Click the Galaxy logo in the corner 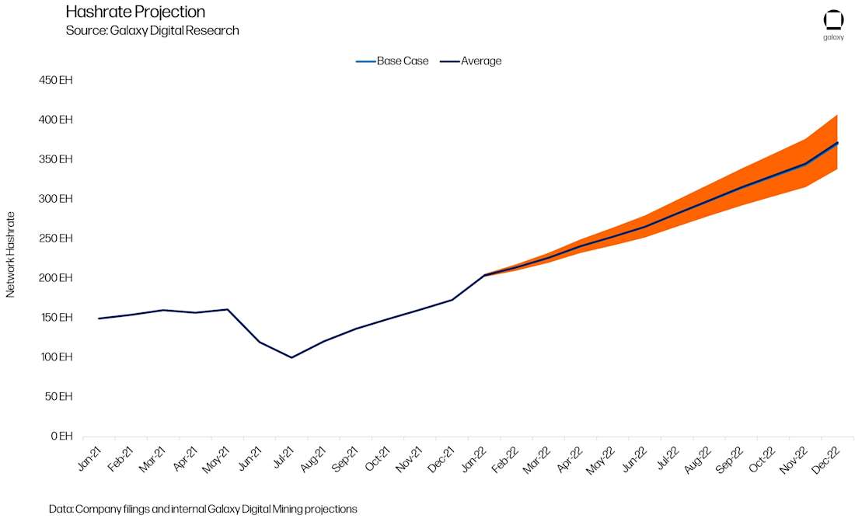tap(833, 24)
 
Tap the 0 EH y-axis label tap(61, 437)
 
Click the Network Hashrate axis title tap(11, 254)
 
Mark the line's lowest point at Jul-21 tap(291, 357)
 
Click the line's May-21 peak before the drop tap(228, 309)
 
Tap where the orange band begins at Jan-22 tap(484, 275)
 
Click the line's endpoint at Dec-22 tap(837, 143)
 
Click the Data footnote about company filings tap(203, 509)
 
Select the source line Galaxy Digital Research tap(152, 30)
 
